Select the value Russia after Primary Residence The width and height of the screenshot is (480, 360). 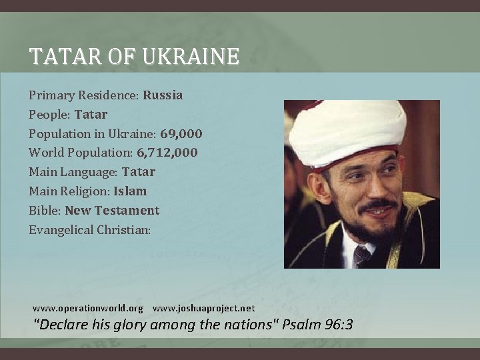(x=163, y=95)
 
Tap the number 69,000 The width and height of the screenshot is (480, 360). (x=181, y=134)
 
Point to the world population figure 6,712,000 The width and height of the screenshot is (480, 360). (x=167, y=153)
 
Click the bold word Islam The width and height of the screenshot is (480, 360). (x=130, y=191)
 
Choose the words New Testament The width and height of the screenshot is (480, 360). (x=112, y=211)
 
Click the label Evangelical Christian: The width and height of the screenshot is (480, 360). (x=90, y=230)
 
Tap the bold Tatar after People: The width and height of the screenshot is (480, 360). (x=91, y=115)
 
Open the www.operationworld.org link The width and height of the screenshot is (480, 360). (x=88, y=309)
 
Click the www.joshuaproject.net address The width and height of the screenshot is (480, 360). (x=203, y=309)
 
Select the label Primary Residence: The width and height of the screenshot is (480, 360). (x=83, y=95)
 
